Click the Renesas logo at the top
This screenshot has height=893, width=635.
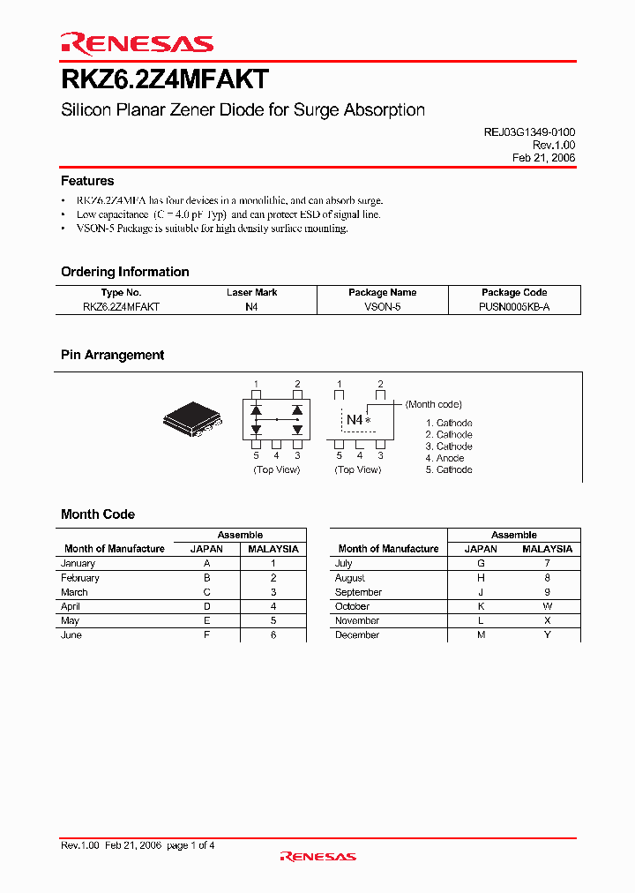click(137, 43)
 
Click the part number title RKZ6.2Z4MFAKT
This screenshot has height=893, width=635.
click(164, 79)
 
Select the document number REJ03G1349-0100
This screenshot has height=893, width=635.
click(529, 131)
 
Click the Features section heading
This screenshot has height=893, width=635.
click(87, 181)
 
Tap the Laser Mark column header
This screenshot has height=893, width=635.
click(251, 292)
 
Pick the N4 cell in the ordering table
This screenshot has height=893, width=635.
click(251, 306)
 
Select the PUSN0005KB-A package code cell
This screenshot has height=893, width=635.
click(514, 306)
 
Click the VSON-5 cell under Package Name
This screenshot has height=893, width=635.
click(383, 306)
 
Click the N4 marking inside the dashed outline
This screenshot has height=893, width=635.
click(355, 420)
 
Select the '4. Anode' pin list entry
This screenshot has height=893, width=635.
click(444, 458)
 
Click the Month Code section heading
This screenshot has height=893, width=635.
click(98, 514)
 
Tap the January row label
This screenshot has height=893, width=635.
click(78, 563)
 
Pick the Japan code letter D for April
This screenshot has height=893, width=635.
click(207, 606)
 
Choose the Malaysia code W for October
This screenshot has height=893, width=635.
click(548, 606)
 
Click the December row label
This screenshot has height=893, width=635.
click(357, 634)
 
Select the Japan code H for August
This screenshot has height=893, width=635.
click(482, 578)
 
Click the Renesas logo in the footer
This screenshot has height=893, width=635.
click(317, 856)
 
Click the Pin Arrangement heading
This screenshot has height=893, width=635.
click(112, 355)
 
